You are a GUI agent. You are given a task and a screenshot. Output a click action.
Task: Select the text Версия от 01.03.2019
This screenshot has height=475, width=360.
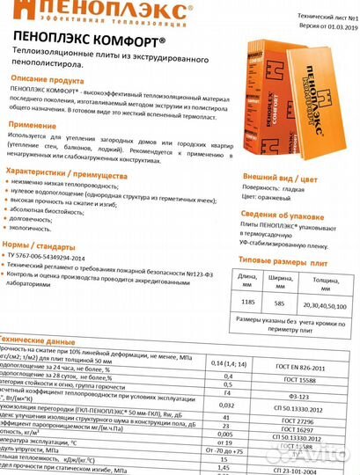coord(317,26)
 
